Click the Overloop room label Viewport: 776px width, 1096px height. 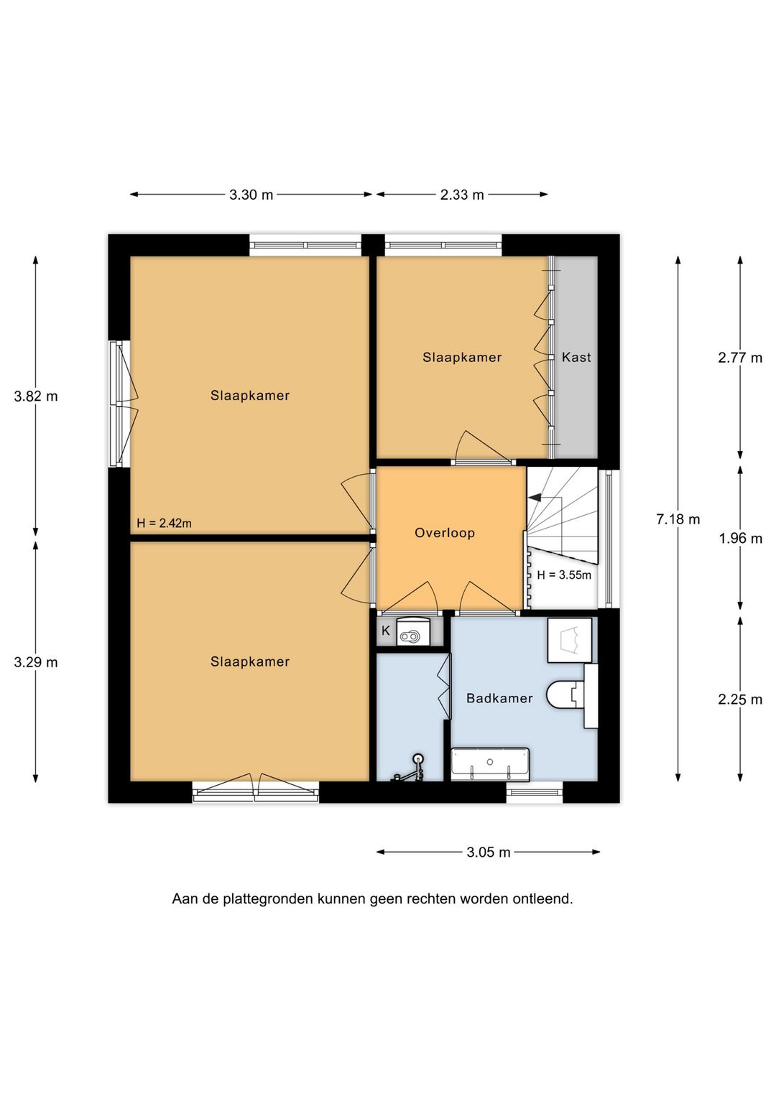445,533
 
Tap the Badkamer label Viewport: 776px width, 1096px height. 499,698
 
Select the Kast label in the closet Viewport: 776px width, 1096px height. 576,357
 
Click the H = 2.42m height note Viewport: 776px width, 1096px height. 165,524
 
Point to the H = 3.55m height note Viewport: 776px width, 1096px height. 564,575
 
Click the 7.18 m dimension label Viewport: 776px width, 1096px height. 678,519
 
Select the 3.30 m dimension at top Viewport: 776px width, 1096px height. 251,195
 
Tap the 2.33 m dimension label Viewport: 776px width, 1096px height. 462,195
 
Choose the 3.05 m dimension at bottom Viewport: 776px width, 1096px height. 489,853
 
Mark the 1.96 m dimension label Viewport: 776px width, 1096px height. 740,539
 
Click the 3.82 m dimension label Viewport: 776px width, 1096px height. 36,396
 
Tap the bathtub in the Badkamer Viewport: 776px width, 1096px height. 490,763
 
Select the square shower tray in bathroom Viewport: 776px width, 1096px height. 571,640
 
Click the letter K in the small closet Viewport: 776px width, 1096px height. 386,631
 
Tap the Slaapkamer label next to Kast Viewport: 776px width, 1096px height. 462,357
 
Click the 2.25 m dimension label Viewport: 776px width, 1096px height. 740,700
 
